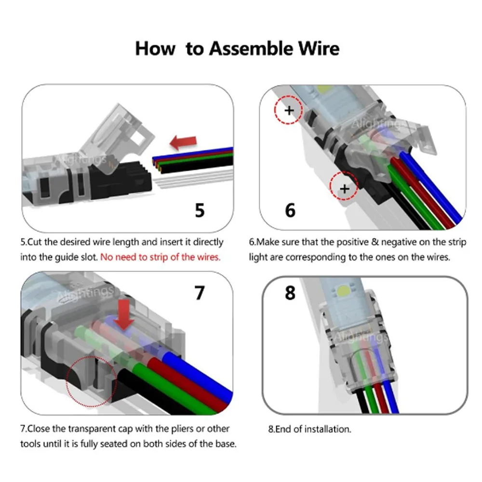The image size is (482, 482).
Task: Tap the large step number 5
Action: (200, 210)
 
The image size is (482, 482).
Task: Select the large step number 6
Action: (290, 210)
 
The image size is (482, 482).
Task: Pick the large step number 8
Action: (290, 293)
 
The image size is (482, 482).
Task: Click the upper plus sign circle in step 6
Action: (289, 110)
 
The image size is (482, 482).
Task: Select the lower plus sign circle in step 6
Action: (344, 188)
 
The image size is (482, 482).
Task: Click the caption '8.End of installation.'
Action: (309, 428)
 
